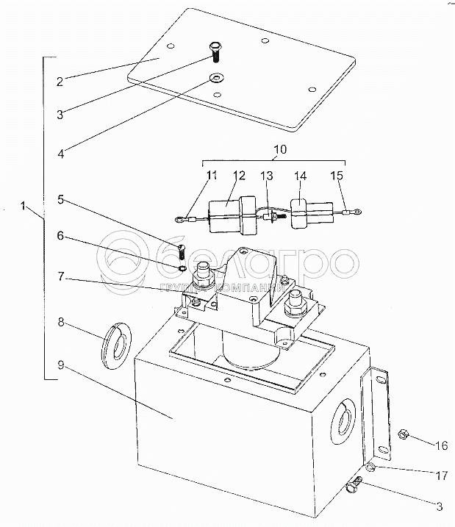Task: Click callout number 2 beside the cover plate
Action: (x=60, y=82)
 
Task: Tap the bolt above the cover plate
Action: (x=215, y=51)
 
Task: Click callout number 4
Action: (x=61, y=154)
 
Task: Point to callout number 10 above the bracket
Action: (x=280, y=149)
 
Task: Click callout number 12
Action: (x=240, y=176)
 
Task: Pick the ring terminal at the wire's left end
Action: (x=179, y=220)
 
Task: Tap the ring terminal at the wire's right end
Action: (x=357, y=212)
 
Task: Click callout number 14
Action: (x=301, y=176)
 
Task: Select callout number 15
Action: (x=337, y=176)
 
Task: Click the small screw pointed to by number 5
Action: (x=181, y=251)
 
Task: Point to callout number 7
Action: (x=60, y=276)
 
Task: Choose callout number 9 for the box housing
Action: (x=60, y=365)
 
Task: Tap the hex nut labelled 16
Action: (x=403, y=435)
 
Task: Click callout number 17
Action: (x=442, y=476)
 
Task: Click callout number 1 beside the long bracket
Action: (x=23, y=205)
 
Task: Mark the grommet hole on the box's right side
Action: (x=343, y=421)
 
